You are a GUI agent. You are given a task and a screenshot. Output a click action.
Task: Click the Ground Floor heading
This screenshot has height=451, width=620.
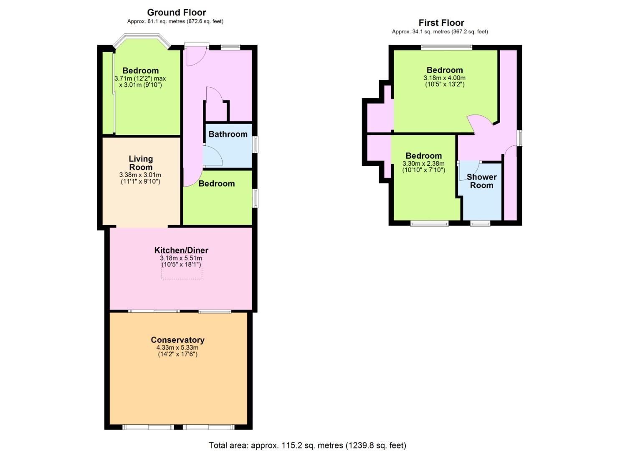176,13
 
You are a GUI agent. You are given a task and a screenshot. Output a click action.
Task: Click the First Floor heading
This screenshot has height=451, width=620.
441,23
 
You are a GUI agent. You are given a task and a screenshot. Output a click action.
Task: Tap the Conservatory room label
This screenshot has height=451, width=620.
177,340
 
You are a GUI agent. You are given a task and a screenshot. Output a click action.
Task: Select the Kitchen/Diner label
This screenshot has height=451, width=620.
181,250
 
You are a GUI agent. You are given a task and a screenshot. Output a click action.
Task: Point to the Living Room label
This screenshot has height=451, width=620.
141,163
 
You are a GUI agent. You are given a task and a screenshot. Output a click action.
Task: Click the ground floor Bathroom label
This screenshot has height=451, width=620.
228,134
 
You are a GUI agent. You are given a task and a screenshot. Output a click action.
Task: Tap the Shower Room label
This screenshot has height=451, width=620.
482,181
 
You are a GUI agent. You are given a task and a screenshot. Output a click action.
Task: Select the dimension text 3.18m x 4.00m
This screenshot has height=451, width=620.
445,78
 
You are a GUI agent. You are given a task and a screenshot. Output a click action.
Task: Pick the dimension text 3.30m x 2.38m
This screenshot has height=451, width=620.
423,164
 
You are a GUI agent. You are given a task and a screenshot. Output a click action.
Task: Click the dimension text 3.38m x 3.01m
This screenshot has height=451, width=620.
140,175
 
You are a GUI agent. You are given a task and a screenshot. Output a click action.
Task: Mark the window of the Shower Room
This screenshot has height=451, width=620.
480,223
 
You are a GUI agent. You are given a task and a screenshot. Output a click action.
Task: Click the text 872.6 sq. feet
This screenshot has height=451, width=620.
205,21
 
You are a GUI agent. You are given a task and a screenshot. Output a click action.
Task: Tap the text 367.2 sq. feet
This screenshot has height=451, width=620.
470,32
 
